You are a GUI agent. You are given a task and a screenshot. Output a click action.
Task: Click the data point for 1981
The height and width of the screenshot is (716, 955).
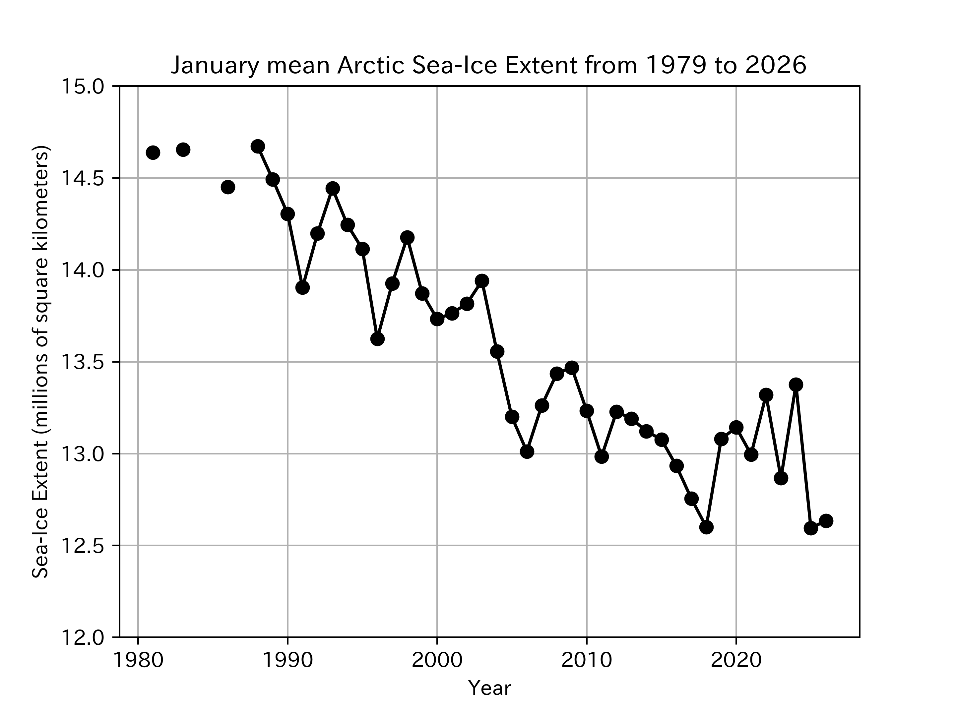pos(153,152)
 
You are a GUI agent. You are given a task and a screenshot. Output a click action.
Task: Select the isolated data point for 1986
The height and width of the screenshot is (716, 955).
pos(228,187)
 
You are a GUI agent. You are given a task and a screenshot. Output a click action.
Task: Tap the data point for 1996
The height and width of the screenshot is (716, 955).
pos(377,339)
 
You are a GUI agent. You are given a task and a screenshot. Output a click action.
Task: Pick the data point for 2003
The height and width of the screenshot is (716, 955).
pos(482,280)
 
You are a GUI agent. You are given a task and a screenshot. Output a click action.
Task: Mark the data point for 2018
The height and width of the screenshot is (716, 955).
pos(706,527)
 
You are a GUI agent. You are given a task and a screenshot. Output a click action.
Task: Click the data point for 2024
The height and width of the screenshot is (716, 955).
pos(796,384)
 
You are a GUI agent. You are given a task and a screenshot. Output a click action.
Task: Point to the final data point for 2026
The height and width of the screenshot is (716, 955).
pos(826,521)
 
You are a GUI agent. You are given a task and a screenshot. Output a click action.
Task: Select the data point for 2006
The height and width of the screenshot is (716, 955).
pos(527,451)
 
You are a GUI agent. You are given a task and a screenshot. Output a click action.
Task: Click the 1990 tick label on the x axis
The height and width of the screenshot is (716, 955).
pos(287,661)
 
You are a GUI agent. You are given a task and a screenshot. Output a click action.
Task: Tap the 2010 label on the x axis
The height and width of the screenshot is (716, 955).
pos(586,661)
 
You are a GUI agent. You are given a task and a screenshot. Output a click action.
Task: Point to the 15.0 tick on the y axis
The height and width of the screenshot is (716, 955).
pos(83,86)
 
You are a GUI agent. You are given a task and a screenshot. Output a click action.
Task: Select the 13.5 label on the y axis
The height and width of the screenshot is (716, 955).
pos(83,362)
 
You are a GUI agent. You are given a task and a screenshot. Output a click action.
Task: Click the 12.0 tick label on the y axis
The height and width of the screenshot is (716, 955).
pos(83,637)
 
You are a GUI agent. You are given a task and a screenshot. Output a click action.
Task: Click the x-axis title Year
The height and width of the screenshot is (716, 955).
pos(489,687)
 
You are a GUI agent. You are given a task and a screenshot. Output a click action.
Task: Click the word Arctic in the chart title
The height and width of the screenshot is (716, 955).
pos(371,66)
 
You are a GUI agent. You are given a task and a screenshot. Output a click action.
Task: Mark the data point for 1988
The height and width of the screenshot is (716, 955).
pos(258,146)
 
